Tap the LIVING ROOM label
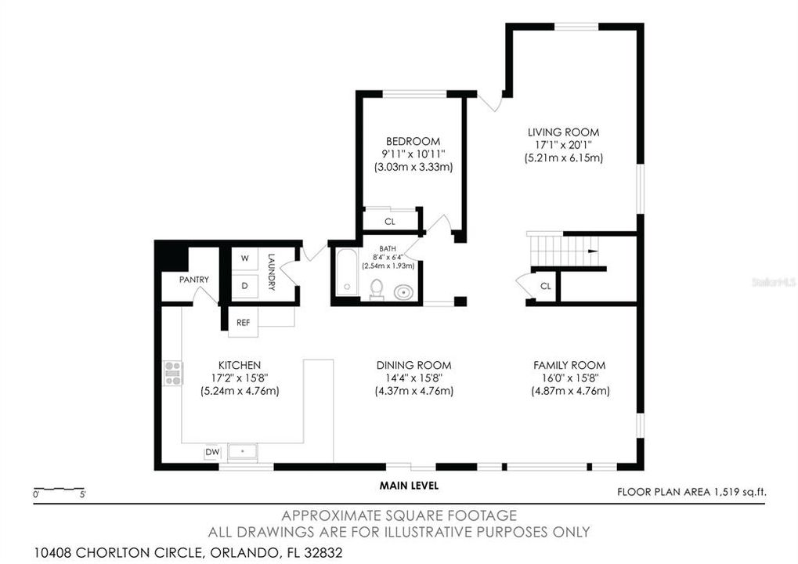click(562, 132)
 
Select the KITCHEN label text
click(239, 365)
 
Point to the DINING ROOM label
click(413, 365)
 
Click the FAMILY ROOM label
click(569, 365)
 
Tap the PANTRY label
click(193, 280)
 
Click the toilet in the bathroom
click(376, 289)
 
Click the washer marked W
click(244, 258)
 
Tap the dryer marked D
click(244, 286)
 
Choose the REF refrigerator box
click(244, 321)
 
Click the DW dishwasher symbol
click(211, 452)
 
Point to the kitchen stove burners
click(172, 373)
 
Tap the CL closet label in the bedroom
click(390, 222)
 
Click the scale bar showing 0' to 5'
click(60, 491)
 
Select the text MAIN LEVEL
click(409, 486)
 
